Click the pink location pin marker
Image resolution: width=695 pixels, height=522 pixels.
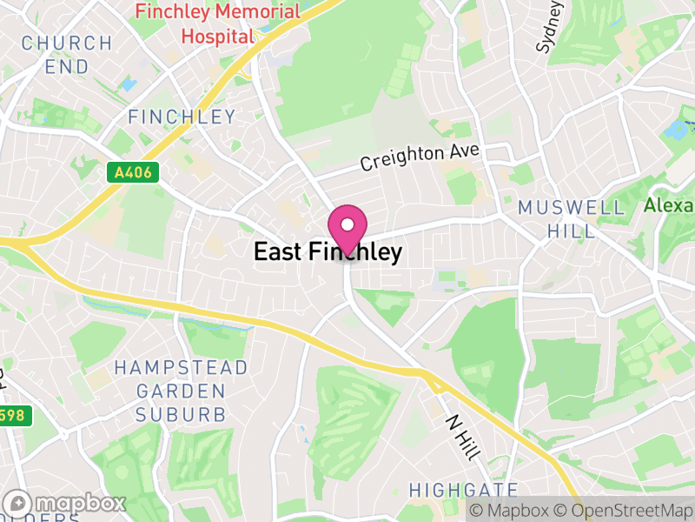[347, 228]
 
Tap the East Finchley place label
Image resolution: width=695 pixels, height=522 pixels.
[328, 252]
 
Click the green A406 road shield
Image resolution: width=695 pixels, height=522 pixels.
[133, 172]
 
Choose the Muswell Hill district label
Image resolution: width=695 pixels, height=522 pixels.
[571, 219]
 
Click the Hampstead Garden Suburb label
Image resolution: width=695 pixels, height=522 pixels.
[181, 391]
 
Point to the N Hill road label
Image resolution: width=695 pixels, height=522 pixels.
[461, 431]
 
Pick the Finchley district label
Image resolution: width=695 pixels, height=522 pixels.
[182, 117]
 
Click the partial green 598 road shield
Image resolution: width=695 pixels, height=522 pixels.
[15, 416]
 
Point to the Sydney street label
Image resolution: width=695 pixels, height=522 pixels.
[550, 26]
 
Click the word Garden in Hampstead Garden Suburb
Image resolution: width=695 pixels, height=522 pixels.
[181, 391]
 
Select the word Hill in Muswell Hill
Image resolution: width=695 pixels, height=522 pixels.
[571, 231]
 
